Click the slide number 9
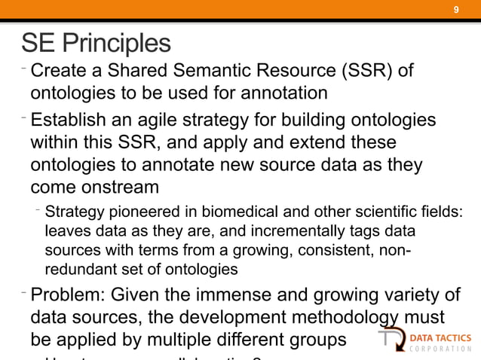click(455, 10)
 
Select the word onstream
click(121, 185)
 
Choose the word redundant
click(77, 268)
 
